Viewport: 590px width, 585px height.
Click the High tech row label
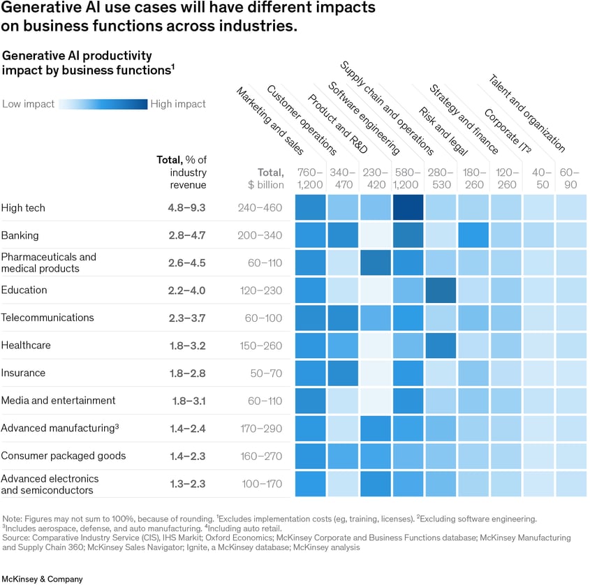click(x=23, y=208)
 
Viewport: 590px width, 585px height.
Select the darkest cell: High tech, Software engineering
click(x=408, y=208)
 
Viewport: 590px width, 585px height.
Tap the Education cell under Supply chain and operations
click(x=441, y=290)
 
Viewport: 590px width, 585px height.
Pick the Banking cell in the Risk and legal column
click(x=473, y=235)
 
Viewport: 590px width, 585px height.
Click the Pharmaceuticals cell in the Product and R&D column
click(x=376, y=263)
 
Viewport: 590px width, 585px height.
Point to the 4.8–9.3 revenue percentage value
click(x=186, y=208)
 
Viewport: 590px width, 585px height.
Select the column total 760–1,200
click(x=310, y=179)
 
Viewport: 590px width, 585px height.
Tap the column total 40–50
click(x=539, y=179)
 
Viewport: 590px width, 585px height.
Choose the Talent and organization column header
click(x=526, y=113)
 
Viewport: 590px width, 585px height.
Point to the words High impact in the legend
click(x=178, y=104)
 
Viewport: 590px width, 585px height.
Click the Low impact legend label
click(x=29, y=104)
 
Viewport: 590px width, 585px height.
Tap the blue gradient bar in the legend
click(x=103, y=104)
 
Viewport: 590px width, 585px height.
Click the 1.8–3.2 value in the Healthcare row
click(x=186, y=346)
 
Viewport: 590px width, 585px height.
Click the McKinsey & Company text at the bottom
click(x=42, y=579)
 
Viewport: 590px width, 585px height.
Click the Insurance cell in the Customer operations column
click(x=343, y=373)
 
